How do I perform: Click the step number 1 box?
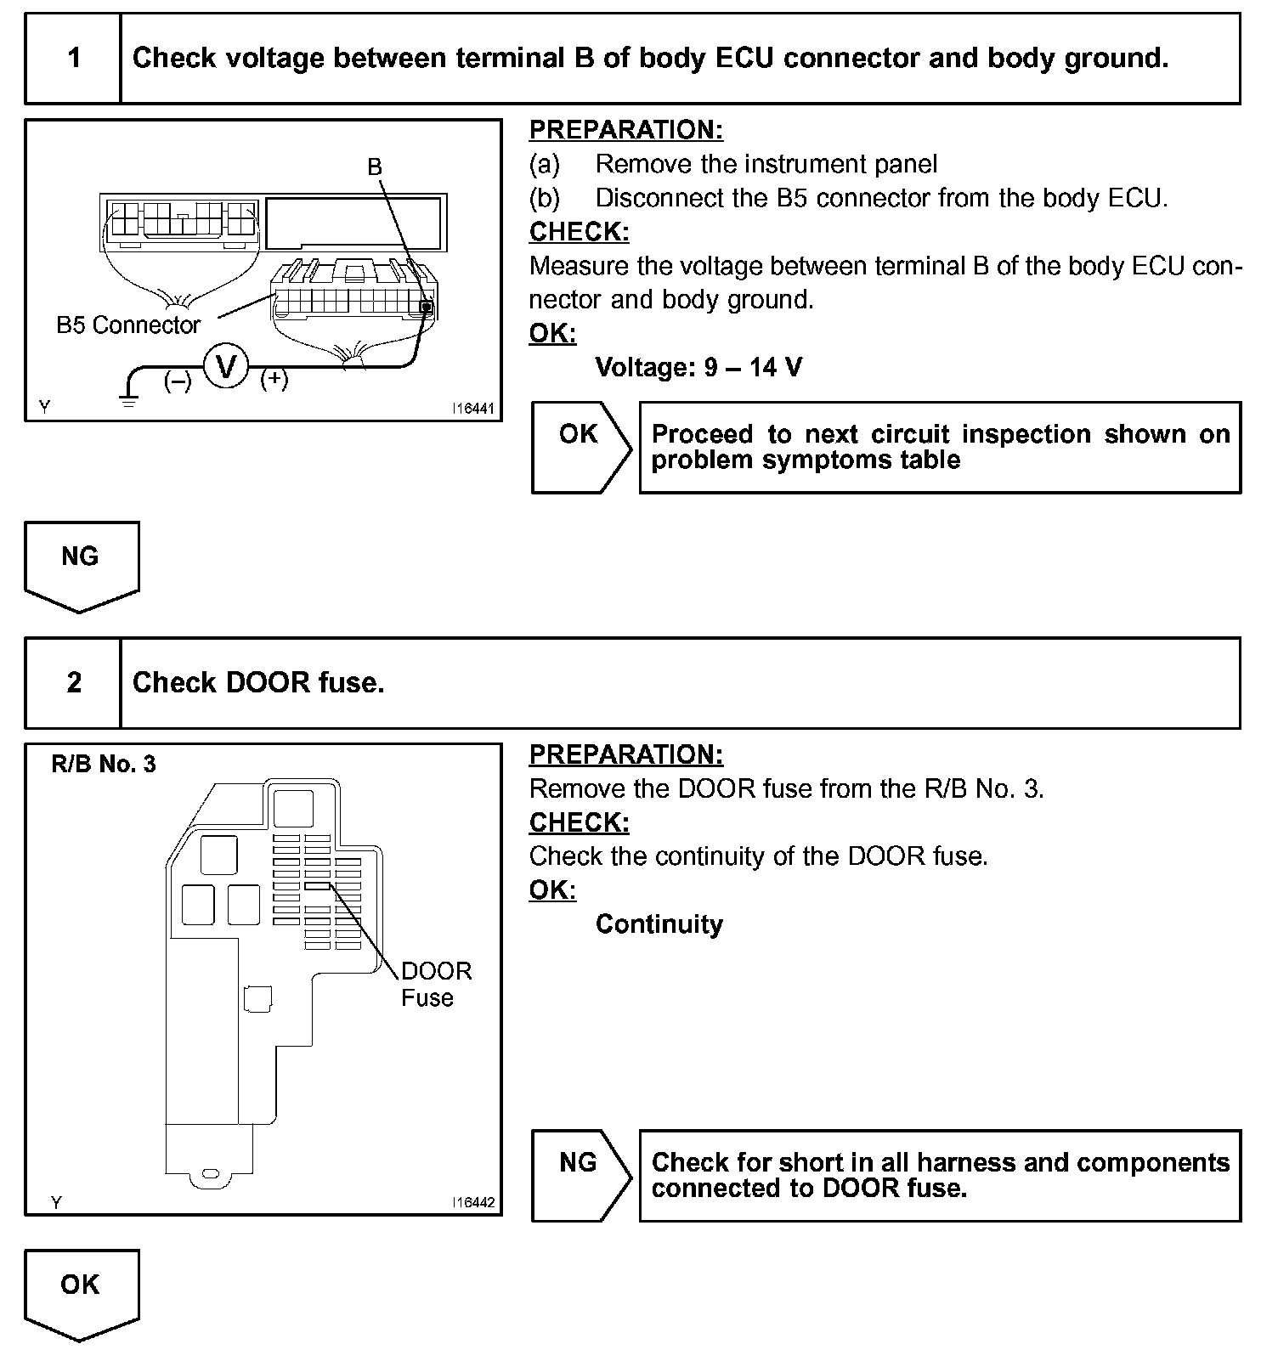point(74,59)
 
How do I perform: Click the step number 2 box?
point(74,683)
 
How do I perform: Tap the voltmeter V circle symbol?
point(226,367)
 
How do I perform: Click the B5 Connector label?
point(128,325)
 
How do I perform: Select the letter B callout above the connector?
point(375,167)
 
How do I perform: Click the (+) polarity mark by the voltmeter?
point(274,380)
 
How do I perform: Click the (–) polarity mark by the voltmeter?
point(178,381)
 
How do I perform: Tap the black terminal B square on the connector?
point(427,308)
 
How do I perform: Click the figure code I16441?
point(473,409)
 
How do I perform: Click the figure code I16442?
point(473,1202)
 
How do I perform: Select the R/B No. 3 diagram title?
point(104,765)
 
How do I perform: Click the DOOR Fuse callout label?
point(435,985)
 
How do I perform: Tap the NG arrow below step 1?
point(81,564)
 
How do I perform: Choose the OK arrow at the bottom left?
point(81,1292)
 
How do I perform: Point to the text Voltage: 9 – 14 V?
point(698,368)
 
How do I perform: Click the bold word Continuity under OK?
point(659,924)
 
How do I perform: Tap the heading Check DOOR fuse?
point(258,683)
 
